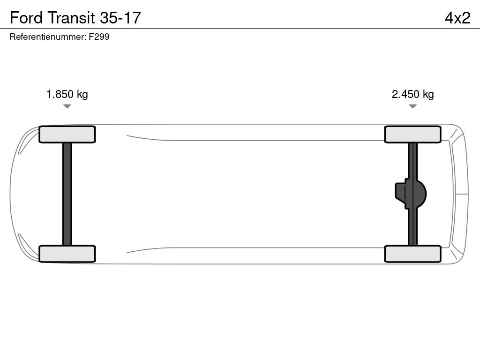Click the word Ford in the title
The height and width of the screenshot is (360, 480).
(x=25, y=17)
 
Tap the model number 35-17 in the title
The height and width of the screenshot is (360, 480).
(x=120, y=17)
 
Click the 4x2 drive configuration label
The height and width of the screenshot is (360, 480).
(x=457, y=17)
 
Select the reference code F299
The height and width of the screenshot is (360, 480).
(x=99, y=37)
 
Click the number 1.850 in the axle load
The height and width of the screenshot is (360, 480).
(x=60, y=94)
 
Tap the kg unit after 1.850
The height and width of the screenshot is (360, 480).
(x=82, y=94)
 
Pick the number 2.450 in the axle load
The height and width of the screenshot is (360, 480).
(x=405, y=94)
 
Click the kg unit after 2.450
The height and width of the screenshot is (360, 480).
(x=428, y=94)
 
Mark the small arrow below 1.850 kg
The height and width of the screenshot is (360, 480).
(x=67, y=106)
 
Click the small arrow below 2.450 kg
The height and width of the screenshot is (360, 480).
(x=412, y=106)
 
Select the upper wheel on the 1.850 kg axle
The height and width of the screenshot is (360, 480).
(x=67, y=135)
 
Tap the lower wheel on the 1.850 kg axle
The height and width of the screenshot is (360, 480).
(x=67, y=254)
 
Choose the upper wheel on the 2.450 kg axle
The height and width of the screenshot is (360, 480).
(x=412, y=135)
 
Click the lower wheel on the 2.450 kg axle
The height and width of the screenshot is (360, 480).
(x=412, y=254)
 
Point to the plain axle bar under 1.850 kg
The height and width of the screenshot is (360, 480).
(x=67, y=194)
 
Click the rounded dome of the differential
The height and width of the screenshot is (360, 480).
(x=421, y=194)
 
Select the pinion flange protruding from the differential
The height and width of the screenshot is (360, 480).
(x=400, y=194)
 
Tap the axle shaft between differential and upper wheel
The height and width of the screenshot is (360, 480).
(x=412, y=159)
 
